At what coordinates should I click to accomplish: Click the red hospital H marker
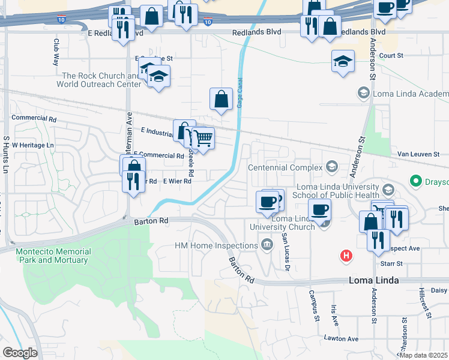click(346, 256)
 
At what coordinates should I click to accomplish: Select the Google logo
click(20, 353)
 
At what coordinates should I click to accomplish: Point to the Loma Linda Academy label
click(410, 94)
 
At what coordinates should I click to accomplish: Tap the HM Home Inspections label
click(216, 245)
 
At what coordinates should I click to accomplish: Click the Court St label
click(390, 55)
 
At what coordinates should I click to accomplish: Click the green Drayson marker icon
click(414, 180)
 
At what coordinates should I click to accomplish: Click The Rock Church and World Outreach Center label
click(100, 80)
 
